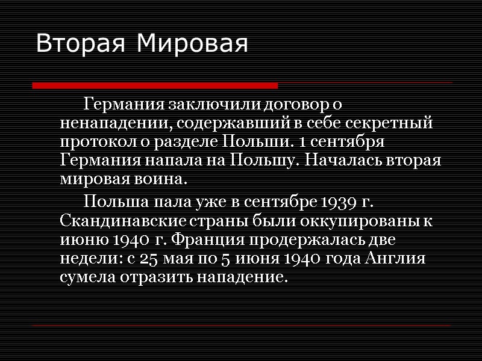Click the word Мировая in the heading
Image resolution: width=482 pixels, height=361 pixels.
point(192,44)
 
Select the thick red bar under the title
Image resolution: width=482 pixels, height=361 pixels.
point(154,85)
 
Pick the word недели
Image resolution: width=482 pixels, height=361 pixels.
point(88,258)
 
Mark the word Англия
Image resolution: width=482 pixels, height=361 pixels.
point(399,258)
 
